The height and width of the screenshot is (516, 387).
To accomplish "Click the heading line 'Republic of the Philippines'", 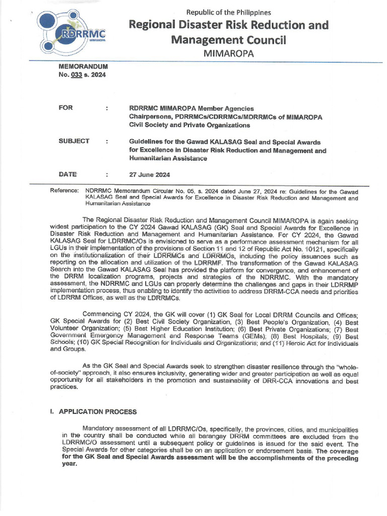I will coord(229,12).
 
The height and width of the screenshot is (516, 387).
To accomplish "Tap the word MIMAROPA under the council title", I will coord(228,53).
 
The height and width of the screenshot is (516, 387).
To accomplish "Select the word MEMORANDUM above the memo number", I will coord(84,67).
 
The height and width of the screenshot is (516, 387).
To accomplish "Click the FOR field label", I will coord(66,108).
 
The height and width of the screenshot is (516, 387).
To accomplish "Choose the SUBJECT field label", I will coord(74,142).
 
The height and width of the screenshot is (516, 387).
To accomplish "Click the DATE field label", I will coord(68,174).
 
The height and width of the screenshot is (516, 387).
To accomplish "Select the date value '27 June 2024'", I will coord(150,175).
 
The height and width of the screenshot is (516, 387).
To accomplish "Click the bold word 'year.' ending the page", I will coord(70,464).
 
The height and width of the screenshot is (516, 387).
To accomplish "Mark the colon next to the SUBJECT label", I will coord(107,142).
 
